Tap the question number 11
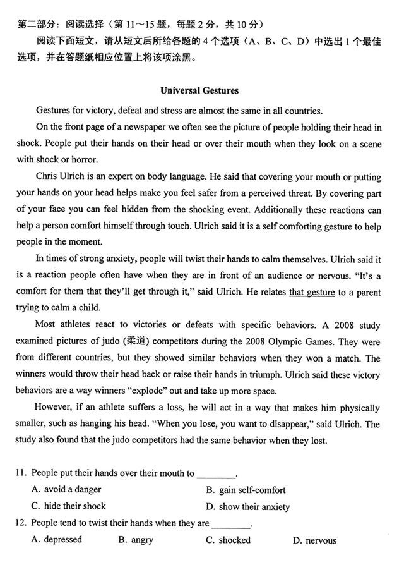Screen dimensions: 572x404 click(22, 473)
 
